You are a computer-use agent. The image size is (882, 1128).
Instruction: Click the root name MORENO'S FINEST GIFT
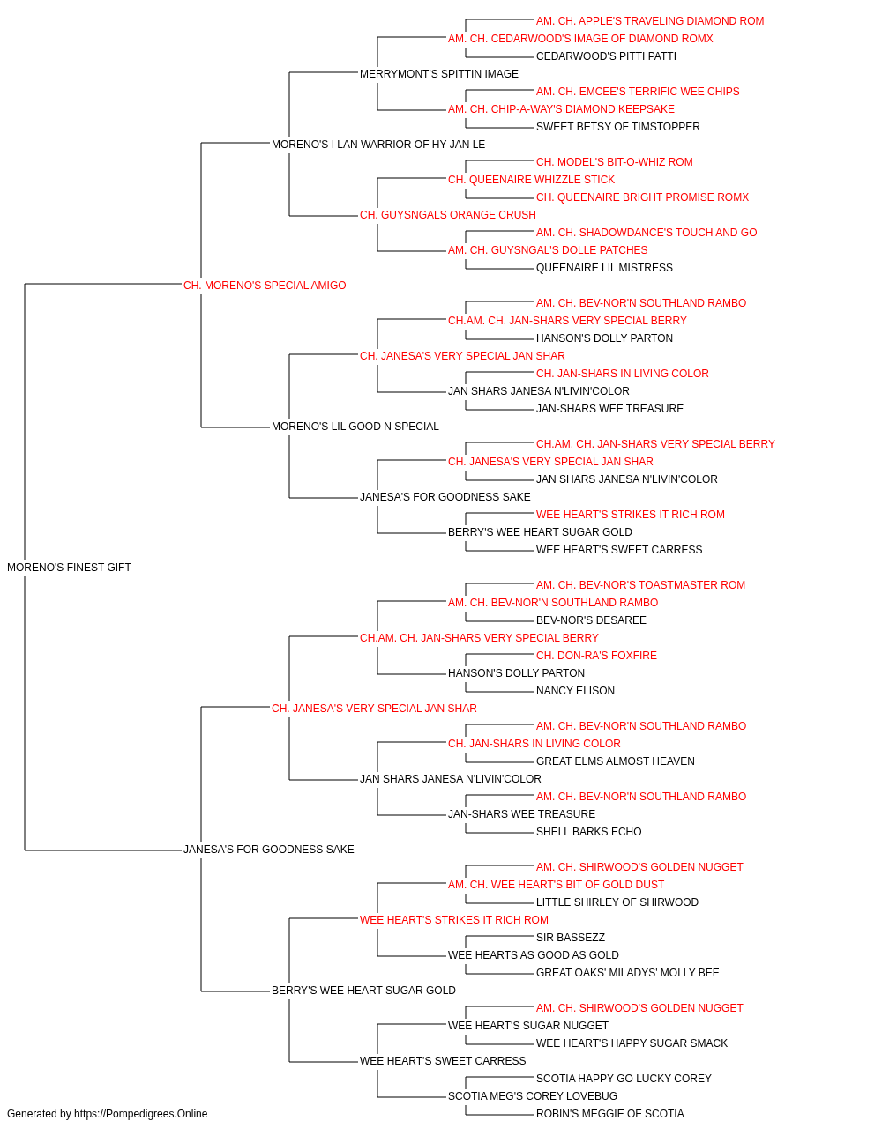69,568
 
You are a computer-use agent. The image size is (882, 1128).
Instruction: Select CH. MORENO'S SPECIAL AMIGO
265,286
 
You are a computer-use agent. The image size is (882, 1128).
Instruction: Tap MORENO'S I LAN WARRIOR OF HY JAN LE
378,145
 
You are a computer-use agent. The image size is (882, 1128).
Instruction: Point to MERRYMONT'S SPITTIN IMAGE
439,74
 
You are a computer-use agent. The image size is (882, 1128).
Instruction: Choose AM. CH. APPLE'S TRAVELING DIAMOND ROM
650,21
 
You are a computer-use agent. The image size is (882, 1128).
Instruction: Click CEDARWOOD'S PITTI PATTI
606,56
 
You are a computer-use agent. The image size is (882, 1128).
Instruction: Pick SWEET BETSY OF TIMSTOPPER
618,127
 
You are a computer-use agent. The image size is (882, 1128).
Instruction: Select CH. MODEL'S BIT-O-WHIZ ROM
615,162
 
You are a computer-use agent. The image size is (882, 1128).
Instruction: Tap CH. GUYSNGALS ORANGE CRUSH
448,215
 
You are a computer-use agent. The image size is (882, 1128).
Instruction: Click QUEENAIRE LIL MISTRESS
604,268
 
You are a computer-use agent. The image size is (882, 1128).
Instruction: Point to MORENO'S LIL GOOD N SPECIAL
355,427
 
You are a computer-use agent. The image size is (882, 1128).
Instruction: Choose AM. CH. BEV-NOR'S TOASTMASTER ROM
640,585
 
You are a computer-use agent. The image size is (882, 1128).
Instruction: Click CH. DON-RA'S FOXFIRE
596,656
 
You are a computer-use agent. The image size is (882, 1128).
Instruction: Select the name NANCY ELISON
575,691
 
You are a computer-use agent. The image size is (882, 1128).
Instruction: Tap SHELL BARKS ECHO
588,832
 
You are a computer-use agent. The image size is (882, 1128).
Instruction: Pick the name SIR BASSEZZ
571,938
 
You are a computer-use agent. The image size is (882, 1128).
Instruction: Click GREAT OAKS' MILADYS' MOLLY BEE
627,973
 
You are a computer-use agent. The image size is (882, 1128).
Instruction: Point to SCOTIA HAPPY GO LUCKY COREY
624,1079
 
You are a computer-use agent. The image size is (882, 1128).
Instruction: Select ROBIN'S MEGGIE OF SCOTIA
609,1114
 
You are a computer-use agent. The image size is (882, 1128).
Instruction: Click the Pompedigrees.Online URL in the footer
140,1114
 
